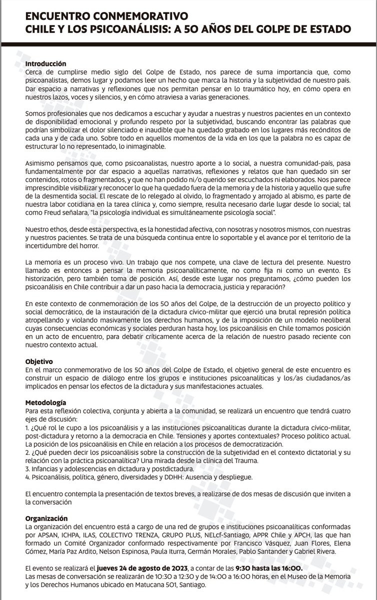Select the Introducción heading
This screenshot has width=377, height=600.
pyautogui.click(x=45, y=64)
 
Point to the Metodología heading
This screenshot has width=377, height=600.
pyautogui.click(x=45, y=402)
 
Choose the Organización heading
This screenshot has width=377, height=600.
pyautogui.click(x=46, y=518)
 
